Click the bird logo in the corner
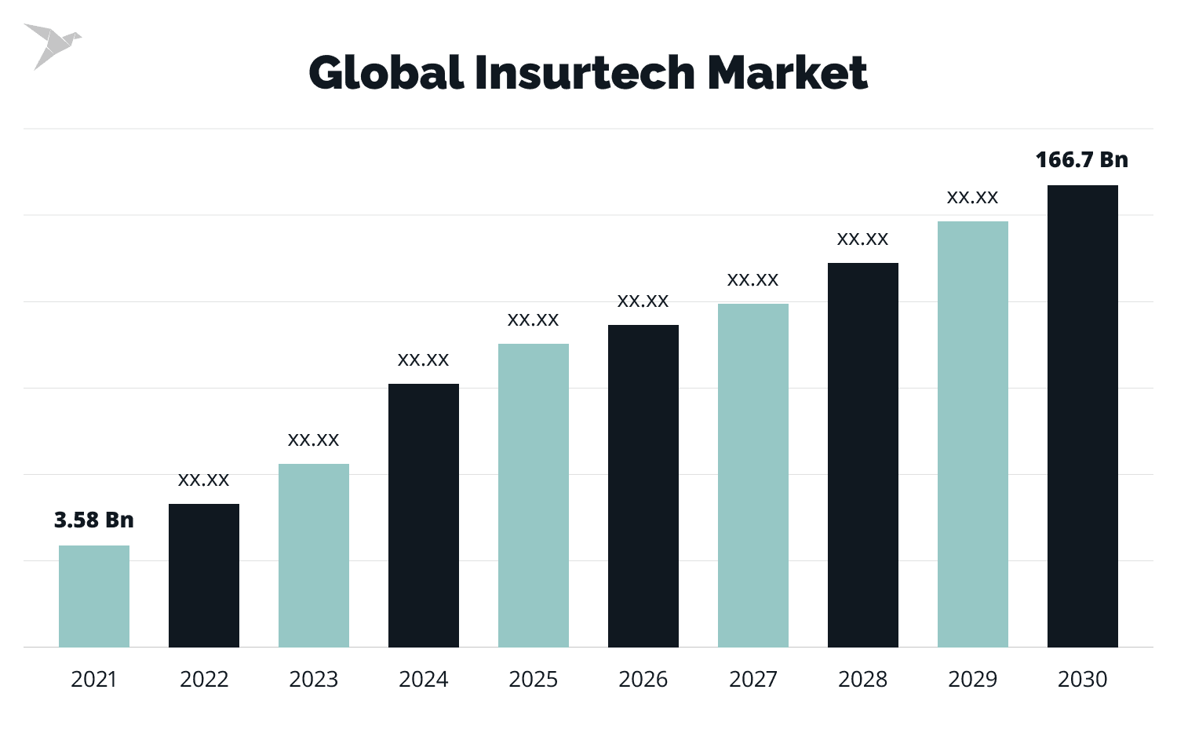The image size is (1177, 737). tap(51, 46)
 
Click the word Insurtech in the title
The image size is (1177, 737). tap(584, 73)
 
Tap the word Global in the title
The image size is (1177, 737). tap(385, 73)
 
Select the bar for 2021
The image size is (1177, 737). tap(94, 597)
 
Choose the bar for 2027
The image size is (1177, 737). tap(753, 476)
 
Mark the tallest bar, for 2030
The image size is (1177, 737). tap(1083, 416)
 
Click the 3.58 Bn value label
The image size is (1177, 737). tap(94, 520)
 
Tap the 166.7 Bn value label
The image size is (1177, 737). tap(1082, 160)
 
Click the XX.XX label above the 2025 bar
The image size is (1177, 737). tap(534, 320)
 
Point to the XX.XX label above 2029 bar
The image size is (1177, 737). tap(973, 198)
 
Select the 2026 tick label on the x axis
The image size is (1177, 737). tap(643, 679)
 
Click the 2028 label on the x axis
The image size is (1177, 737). tap(863, 679)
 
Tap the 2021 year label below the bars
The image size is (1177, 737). tap(94, 679)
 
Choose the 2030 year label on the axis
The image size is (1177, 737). tap(1083, 679)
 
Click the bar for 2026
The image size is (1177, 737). tap(643, 487)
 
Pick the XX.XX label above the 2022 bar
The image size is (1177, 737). tap(204, 480)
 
